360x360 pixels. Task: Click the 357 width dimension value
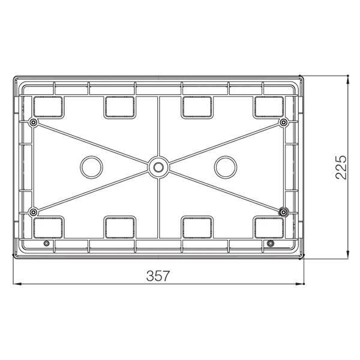[x=158, y=275]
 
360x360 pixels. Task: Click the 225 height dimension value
[x=341, y=167]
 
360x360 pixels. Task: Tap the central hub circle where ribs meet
[x=158, y=167]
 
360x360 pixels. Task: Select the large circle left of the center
[x=91, y=167]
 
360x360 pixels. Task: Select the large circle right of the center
[x=225, y=167]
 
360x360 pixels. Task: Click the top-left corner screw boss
[x=34, y=122]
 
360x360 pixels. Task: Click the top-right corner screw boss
[x=283, y=122]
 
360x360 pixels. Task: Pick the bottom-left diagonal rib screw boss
[x=34, y=212]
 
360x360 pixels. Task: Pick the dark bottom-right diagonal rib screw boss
[x=283, y=212]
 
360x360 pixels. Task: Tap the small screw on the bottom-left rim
[x=46, y=243]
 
